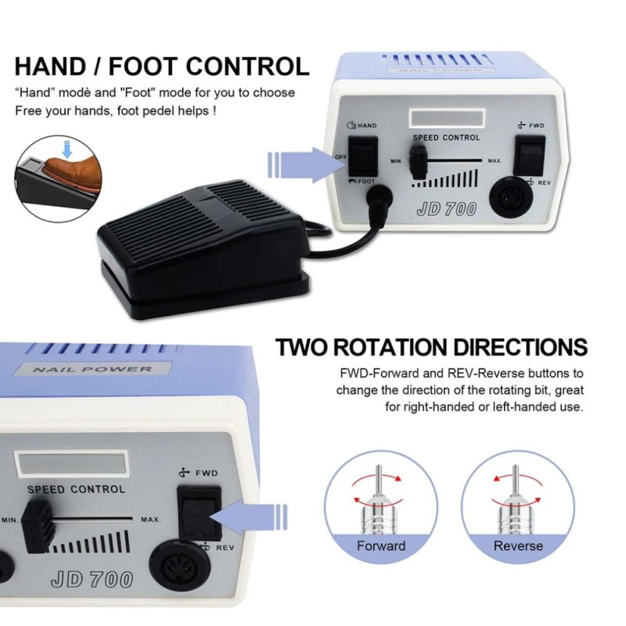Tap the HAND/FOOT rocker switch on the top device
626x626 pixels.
(x=363, y=156)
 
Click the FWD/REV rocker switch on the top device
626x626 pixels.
(x=530, y=156)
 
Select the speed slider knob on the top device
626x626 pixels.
(x=418, y=162)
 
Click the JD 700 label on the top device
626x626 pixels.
(x=446, y=209)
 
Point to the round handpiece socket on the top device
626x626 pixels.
(x=512, y=198)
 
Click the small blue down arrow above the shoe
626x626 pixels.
(x=67, y=149)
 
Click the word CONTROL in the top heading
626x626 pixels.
(x=247, y=66)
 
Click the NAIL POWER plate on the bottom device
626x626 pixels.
(x=92, y=369)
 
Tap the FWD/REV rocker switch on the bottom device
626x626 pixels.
(x=200, y=513)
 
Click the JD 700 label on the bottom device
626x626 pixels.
(x=92, y=580)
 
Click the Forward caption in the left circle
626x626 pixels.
(x=381, y=545)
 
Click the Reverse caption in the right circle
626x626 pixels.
(x=518, y=545)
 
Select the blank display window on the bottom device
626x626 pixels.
(x=71, y=464)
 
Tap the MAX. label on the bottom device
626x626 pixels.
(x=151, y=520)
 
